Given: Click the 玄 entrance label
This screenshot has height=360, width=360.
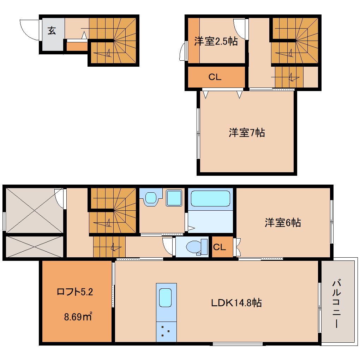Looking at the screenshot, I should tap(52, 31).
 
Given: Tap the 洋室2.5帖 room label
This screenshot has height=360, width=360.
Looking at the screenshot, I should tap(216, 42).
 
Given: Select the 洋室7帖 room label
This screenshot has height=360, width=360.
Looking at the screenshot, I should tap(247, 133).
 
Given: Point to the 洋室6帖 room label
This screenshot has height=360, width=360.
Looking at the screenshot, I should tap(283, 223).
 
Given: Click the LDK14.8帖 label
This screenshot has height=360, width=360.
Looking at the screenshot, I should tap(236, 303).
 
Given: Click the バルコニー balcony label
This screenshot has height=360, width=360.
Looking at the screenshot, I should tap(337, 304).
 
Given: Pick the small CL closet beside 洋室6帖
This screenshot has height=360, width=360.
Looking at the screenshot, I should tap(220, 247).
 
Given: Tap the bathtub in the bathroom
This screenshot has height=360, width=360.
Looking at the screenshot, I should tap(210, 199).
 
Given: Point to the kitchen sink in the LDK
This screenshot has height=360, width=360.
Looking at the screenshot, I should tap(166, 298).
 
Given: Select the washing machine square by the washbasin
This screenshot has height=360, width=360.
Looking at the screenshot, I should tap(173, 198).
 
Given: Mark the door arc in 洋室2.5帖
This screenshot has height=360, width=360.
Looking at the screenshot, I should tap(240, 26).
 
